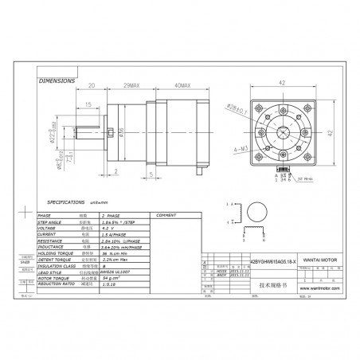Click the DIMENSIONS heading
tap(57, 80)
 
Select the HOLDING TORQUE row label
tap(63, 255)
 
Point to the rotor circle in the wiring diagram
tap(258, 212)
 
